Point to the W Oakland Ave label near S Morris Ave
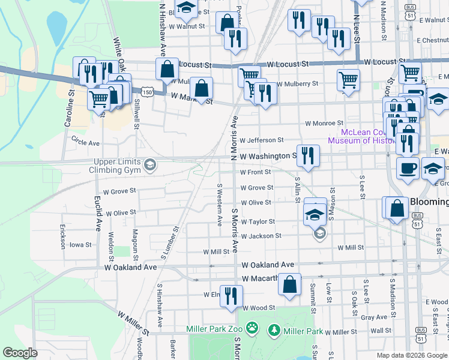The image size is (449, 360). tap(268, 265)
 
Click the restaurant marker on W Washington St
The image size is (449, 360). tap(308, 155)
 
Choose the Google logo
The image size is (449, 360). tap(20, 353)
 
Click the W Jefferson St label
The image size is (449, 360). tap(261, 140)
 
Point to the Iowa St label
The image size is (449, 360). tap(80, 245)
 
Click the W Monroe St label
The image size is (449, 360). tap(324, 123)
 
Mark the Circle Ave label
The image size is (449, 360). tap(85, 143)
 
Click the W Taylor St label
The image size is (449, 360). tap(258, 221)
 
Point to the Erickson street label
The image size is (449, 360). tap(62, 236)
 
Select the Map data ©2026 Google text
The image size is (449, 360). tap(411, 355)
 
